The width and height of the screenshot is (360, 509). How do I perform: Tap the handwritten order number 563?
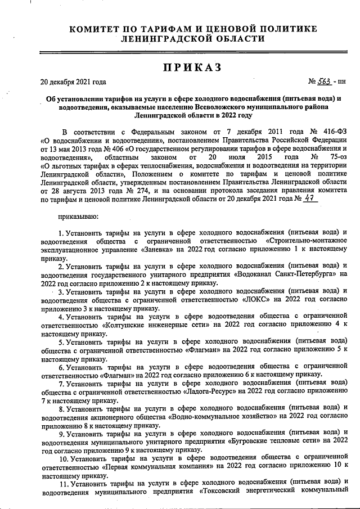point(325,81)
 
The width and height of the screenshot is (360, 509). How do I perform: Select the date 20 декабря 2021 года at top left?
point(73,82)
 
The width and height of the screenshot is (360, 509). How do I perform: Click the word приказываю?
point(79,215)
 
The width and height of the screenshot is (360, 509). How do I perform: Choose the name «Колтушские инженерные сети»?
point(153,326)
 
